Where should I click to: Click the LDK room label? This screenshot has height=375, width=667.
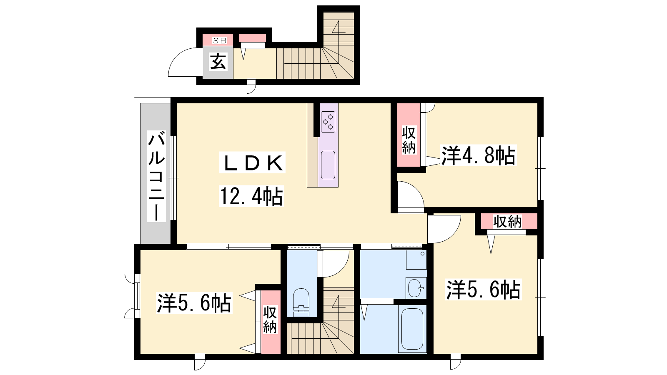pos(253,162)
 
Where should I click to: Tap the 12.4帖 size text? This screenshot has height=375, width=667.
pos(252,196)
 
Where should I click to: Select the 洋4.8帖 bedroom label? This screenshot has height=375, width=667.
pos(478,155)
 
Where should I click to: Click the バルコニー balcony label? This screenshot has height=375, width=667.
pos(156,176)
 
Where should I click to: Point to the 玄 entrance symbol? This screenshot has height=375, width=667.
pos(218,62)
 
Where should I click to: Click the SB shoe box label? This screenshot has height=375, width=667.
pos(220,40)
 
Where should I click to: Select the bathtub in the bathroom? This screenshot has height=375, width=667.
pos(412,329)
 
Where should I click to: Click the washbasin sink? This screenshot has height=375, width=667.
pos(416,288)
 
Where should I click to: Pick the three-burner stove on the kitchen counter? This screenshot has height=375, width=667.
pos(328,122)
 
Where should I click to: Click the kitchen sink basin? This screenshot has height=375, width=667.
pos(328,165)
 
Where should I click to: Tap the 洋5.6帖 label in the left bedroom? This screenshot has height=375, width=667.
pos(194,303)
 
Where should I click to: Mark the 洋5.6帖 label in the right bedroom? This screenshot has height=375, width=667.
pos(483,290)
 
